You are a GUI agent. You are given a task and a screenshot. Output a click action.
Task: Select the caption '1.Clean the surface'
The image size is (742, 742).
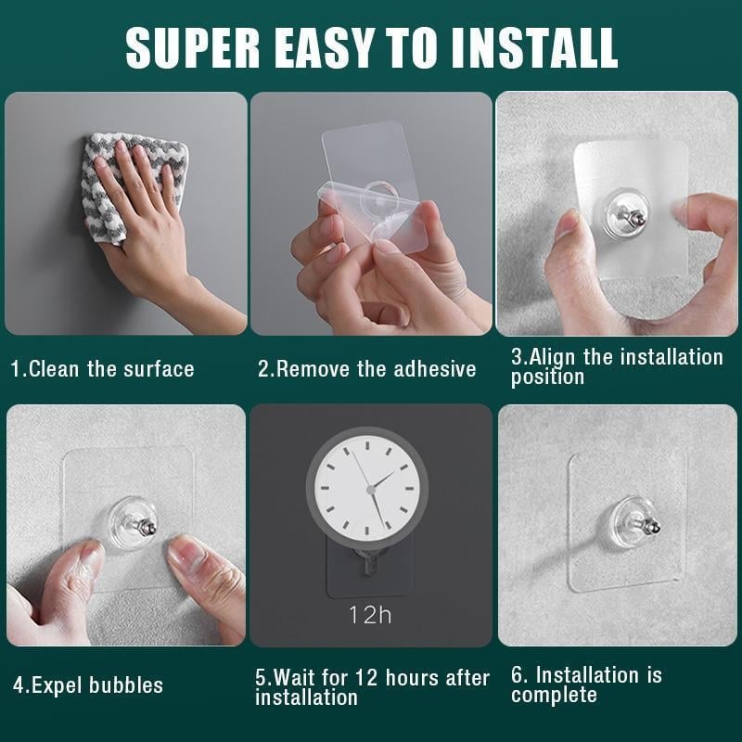[102, 368]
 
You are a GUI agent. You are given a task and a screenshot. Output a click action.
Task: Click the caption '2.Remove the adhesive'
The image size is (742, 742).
[366, 368]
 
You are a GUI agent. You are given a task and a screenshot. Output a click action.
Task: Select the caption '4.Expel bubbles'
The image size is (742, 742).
[88, 685]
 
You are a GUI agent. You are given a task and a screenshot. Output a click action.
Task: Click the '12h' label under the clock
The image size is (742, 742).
[370, 614]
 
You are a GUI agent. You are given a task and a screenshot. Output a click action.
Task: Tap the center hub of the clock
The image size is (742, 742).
[370, 487]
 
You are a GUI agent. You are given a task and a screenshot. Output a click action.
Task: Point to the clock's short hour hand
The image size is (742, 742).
[384, 478]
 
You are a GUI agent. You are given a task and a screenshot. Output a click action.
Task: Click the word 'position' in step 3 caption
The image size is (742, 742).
[547, 377]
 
